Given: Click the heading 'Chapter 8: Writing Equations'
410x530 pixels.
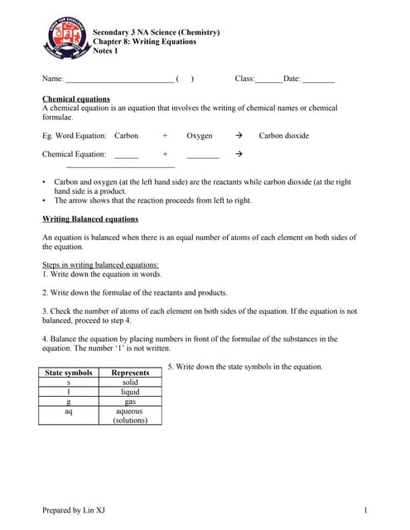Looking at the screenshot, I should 144,41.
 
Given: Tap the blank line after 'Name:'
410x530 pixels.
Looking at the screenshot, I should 119,80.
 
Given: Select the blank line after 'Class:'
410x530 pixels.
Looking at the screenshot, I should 268,80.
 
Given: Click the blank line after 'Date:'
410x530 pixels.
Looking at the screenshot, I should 319,80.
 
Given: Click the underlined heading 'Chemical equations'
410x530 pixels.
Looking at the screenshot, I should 75,99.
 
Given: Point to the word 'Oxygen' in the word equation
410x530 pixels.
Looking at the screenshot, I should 199,135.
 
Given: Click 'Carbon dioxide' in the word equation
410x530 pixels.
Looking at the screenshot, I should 283,135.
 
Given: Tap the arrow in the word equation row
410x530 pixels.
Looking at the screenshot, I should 239,135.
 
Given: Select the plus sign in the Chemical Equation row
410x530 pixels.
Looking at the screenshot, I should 165,154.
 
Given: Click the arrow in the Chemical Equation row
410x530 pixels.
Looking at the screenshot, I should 239,154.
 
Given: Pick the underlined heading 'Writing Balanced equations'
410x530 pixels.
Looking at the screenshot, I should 90,219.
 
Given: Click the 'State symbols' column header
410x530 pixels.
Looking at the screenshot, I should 68,373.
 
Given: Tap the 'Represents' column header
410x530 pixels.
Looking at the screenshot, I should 130,373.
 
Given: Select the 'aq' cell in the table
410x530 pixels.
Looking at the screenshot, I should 68,411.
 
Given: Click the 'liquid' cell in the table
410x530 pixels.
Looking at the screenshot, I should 130,392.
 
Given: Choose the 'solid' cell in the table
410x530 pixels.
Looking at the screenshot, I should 130,383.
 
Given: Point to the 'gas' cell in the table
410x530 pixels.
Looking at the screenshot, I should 130,402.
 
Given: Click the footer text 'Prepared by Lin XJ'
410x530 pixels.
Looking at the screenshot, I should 74,510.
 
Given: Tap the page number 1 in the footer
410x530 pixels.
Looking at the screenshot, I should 365,510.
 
